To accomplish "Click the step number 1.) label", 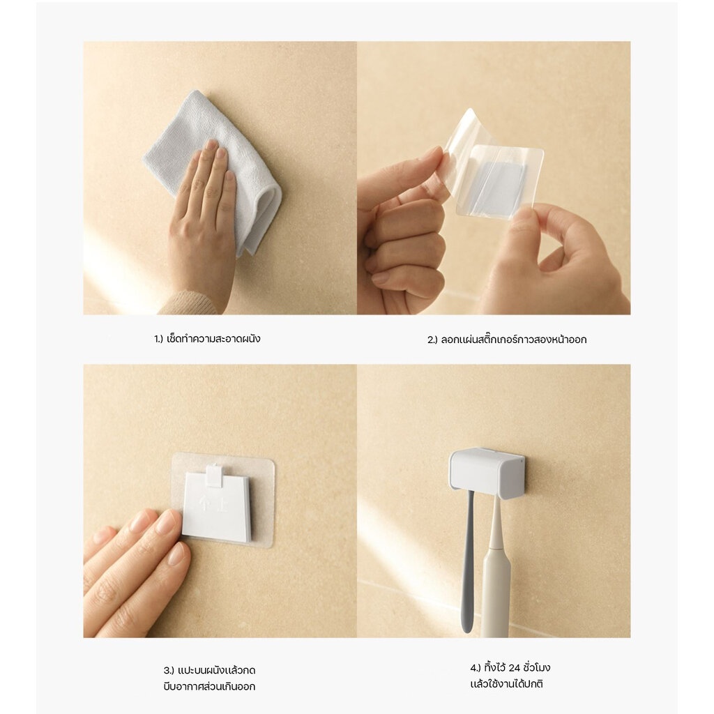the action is tap(158, 340).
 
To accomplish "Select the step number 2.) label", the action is tap(432, 340).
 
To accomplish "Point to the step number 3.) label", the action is tap(169, 671).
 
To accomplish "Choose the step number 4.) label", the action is tap(476, 668).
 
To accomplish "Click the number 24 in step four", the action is tap(514, 668).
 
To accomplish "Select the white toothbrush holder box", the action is tap(486, 473).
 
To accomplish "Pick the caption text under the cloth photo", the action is tap(207, 339).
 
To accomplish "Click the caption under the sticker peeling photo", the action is tap(507, 340).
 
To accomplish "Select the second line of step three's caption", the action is tap(209, 687).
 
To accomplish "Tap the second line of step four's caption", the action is tap(506, 684).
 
